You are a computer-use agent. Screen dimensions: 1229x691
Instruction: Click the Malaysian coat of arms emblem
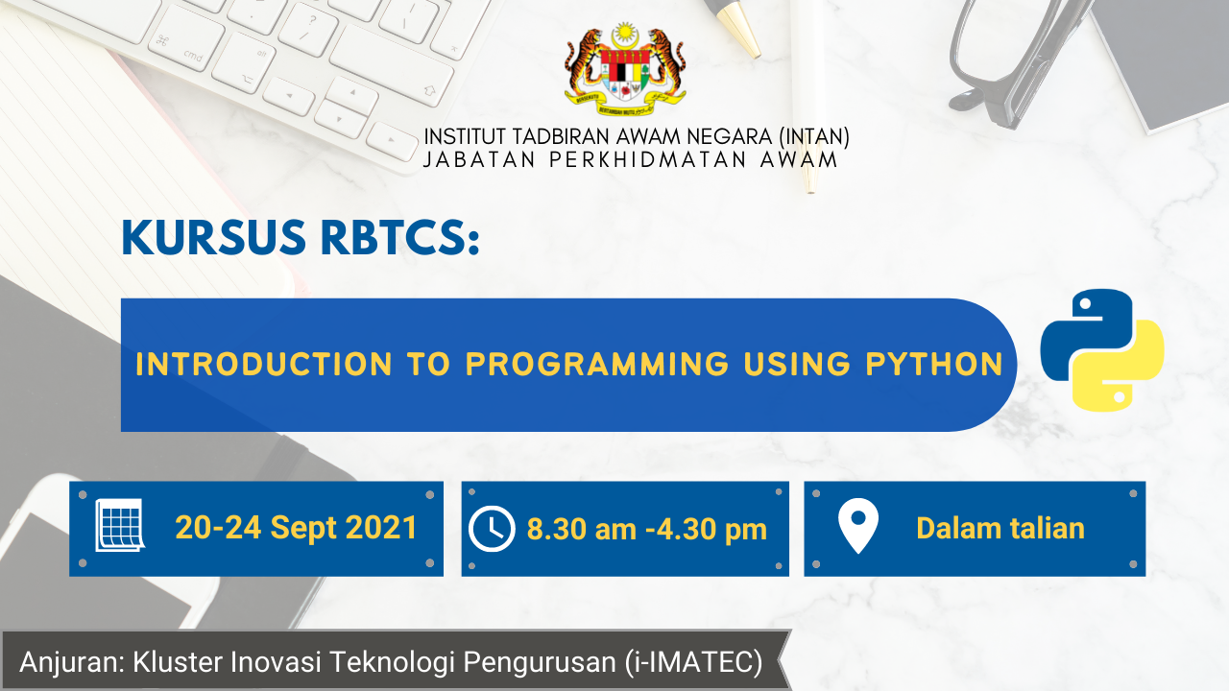point(625,69)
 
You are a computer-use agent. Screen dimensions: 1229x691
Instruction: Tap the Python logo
point(1101,350)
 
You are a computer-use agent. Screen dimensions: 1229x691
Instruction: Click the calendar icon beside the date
point(120,525)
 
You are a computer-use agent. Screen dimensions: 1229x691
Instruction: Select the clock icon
point(492,529)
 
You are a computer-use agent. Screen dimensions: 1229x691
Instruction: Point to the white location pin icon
point(858,525)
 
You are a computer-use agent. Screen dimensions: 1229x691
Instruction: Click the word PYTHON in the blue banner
point(934,364)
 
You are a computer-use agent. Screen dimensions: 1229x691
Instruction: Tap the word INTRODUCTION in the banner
point(264,364)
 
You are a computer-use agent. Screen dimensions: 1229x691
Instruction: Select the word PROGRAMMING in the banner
point(597,364)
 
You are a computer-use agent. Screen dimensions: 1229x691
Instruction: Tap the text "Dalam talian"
point(1000,529)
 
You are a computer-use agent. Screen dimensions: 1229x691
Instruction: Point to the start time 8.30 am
point(582,529)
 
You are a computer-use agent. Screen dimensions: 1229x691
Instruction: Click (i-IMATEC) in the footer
point(693,661)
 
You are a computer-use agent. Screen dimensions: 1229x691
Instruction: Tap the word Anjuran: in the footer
point(72,662)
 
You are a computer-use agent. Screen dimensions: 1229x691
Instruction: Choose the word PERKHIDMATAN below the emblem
point(648,159)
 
